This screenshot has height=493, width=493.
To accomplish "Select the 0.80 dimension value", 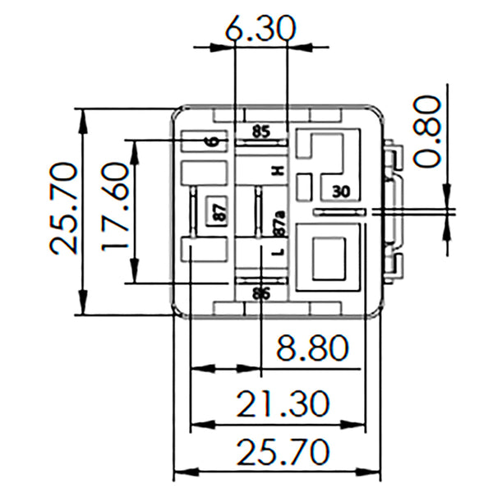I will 426,131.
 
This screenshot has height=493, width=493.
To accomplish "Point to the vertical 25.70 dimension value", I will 63,209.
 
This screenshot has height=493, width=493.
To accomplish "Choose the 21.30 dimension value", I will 283,403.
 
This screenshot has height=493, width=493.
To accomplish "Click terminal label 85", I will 260,131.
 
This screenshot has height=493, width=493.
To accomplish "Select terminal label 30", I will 341,191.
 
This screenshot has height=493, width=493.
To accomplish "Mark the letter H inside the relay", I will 278,170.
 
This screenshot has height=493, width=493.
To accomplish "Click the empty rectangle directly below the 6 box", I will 203,172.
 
